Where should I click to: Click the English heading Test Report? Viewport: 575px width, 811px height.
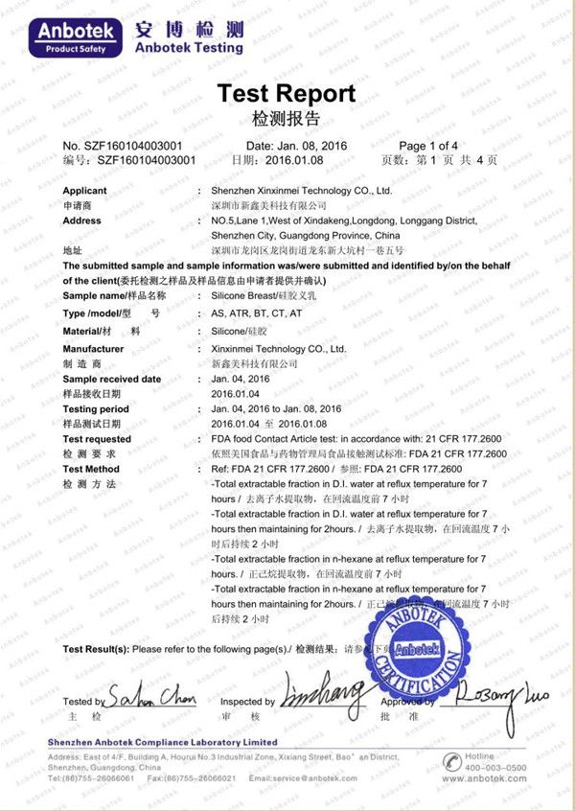pos(287,93)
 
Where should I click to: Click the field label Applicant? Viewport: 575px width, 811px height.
pos(84,191)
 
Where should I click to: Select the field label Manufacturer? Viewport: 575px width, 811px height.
pos(93,349)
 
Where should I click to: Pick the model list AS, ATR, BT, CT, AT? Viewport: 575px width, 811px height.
pos(257,313)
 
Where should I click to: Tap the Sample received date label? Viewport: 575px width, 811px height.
pos(111,379)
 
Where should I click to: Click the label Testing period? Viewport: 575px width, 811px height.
pos(96,409)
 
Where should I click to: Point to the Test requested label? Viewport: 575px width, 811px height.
pos(97,439)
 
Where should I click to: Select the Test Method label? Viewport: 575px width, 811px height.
pos(91,469)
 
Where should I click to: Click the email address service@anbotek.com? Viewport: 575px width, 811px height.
pos(322,777)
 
